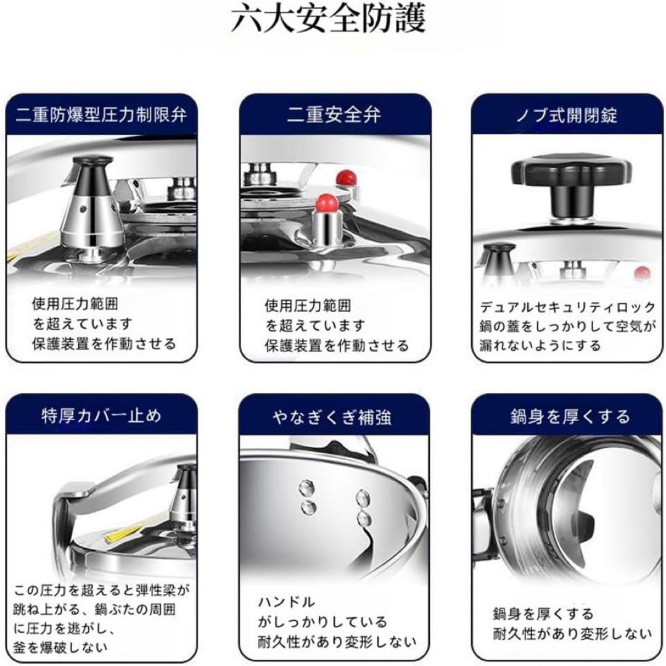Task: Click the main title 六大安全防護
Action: (x=329, y=20)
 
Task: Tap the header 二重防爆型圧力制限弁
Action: (x=101, y=115)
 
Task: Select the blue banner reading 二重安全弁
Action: (x=334, y=115)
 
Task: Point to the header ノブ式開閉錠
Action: (x=567, y=115)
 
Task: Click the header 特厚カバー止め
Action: (x=101, y=415)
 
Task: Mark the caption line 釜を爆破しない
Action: (x=60, y=647)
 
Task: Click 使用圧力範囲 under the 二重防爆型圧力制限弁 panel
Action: (x=75, y=305)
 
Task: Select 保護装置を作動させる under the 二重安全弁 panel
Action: (x=337, y=345)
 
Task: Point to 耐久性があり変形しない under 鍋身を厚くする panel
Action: (x=572, y=633)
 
